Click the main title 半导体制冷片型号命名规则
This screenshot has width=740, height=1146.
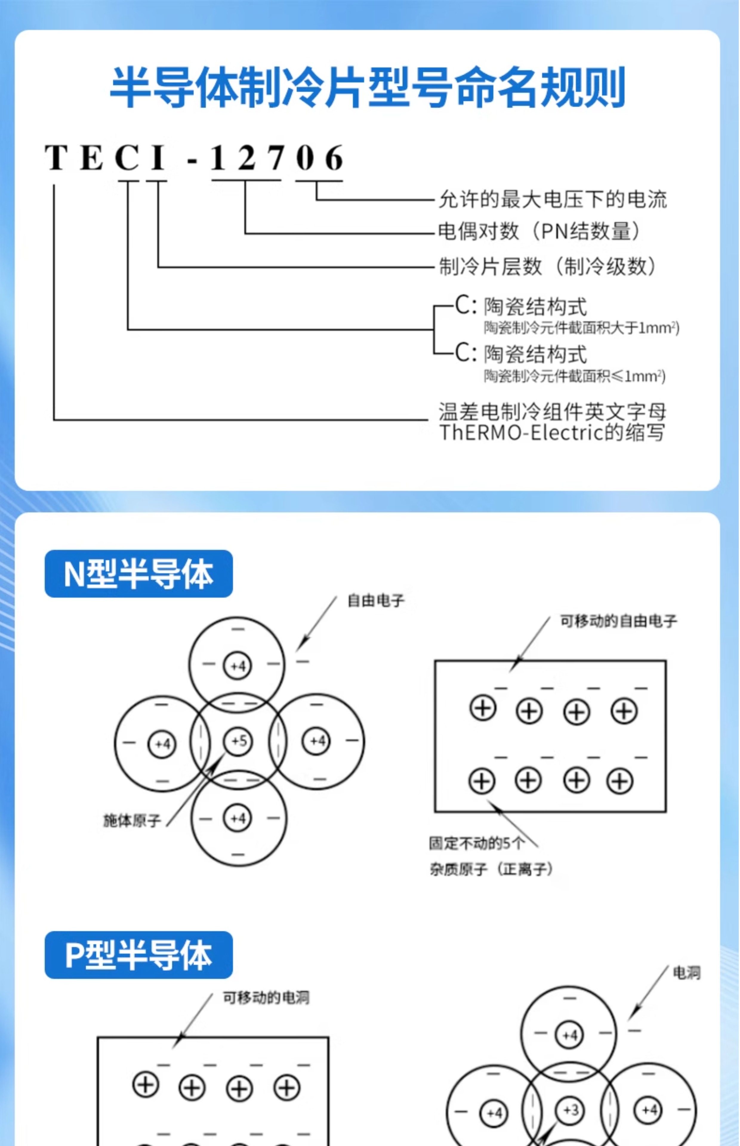[x=368, y=88]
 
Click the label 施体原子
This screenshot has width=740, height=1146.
[x=132, y=821]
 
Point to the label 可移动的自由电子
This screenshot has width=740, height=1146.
[x=619, y=621]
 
